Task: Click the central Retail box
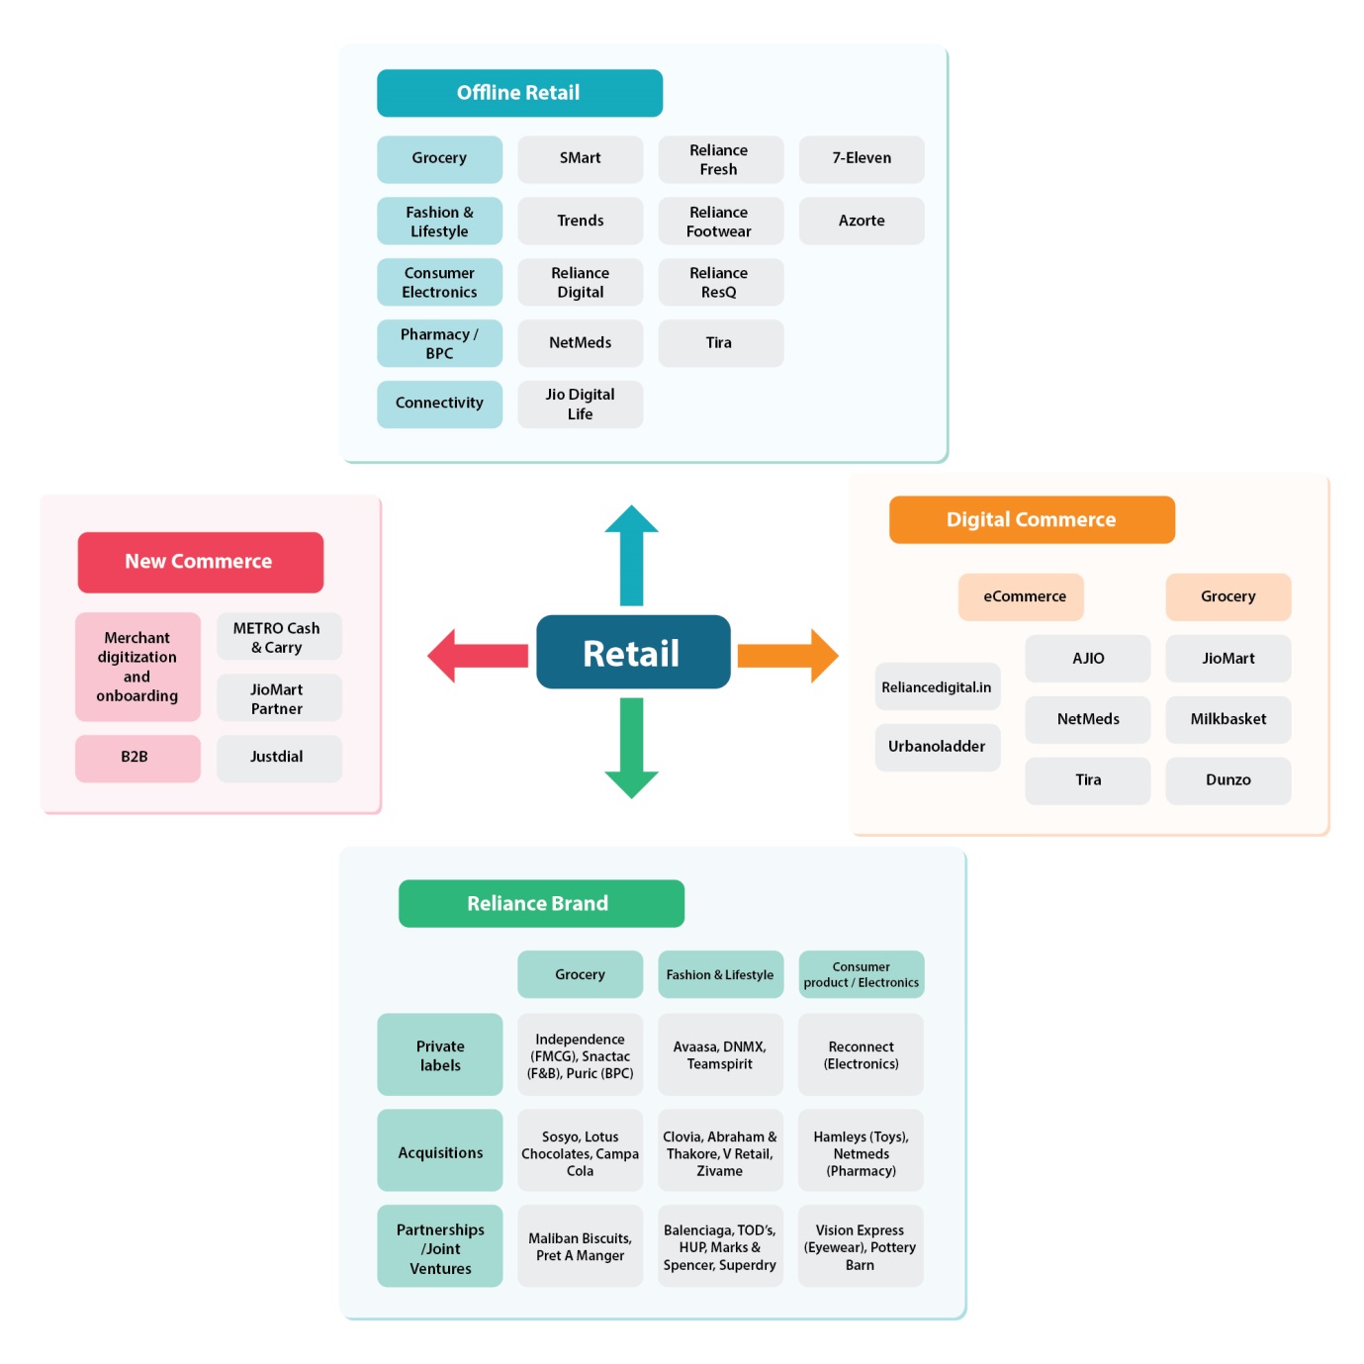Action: [x=633, y=653]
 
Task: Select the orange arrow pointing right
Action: [x=787, y=655]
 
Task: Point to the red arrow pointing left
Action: [x=478, y=655]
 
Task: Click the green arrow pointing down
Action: [x=631, y=748]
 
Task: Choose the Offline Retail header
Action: [x=519, y=93]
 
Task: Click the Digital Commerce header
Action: [x=1032, y=519]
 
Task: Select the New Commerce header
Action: [x=200, y=562]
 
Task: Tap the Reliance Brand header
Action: [x=540, y=903]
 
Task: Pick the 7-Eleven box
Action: [x=862, y=158]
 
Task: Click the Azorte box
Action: [x=862, y=221]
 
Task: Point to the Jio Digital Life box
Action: [x=581, y=404]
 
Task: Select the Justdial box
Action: [x=278, y=758]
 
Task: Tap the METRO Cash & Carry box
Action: [x=278, y=637]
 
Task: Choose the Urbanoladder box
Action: [x=937, y=747]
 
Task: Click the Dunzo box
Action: [x=1228, y=780]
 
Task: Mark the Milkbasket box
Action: [x=1228, y=719]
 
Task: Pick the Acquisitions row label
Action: [x=440, y=1152]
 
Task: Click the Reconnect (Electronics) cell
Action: [x=861, y=1054]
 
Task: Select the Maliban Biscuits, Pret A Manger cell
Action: [x=581, y=1246]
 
